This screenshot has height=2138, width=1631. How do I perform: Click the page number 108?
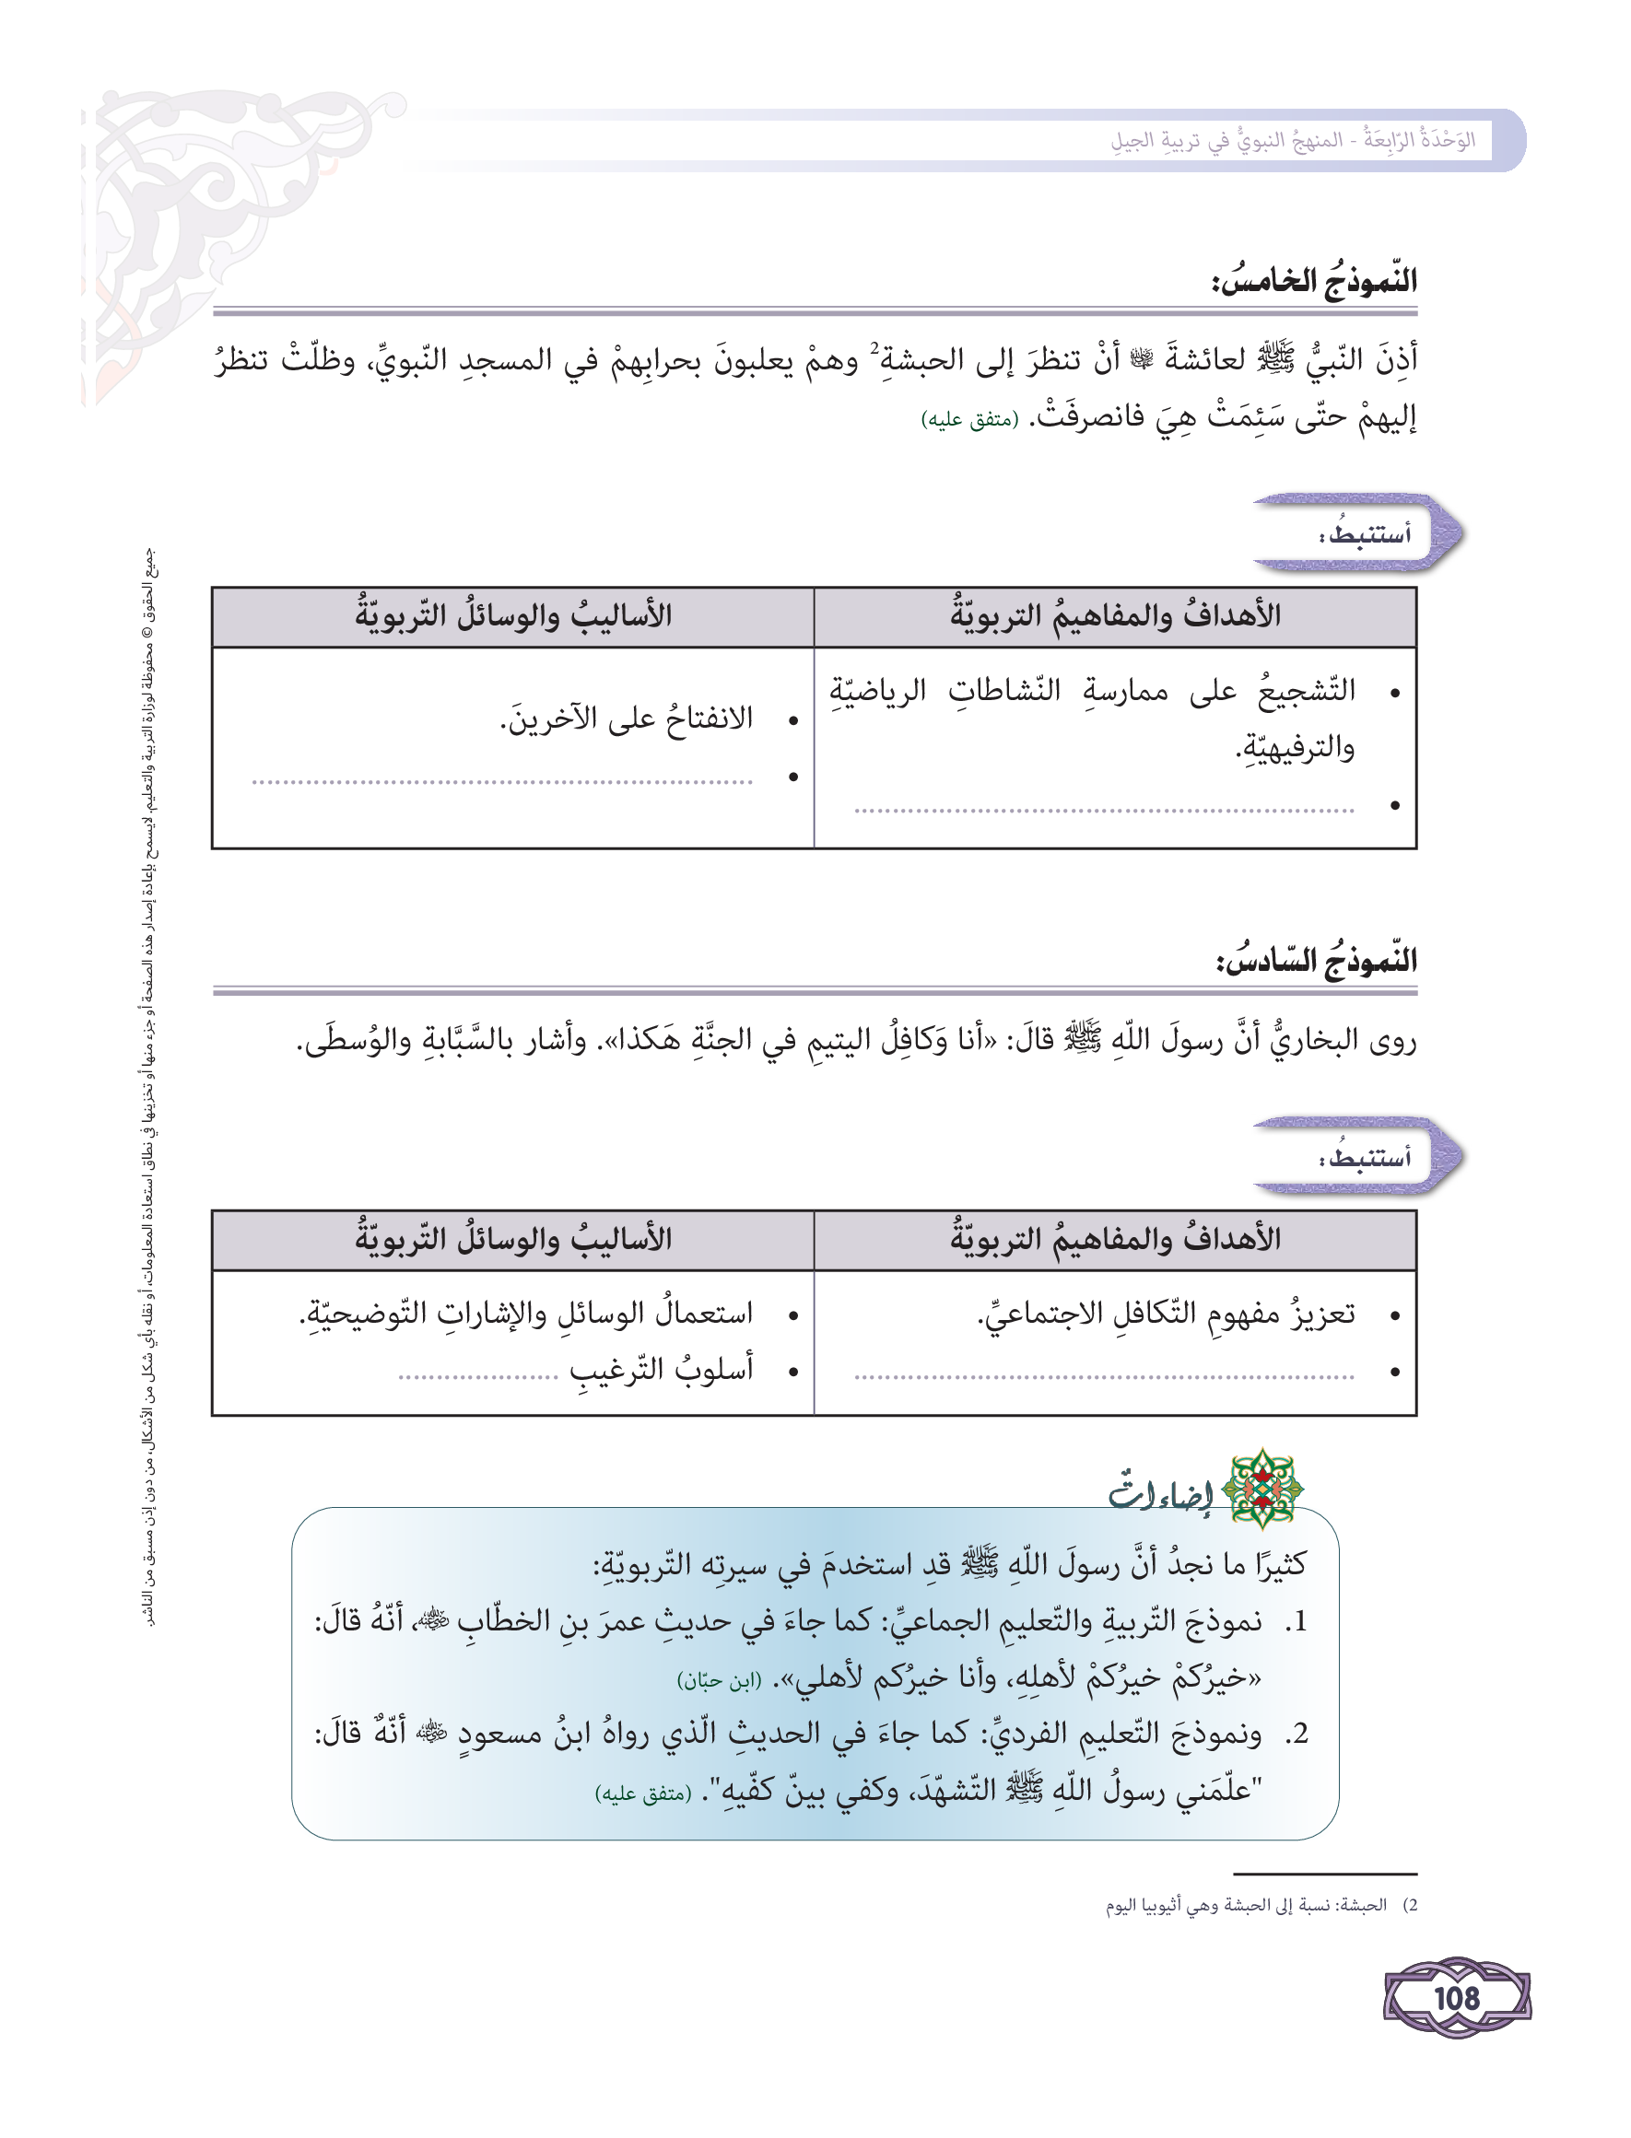coord(1456,1998)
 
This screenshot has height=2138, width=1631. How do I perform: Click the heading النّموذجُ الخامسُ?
coord(1313,282)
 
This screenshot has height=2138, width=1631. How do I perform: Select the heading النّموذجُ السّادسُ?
coord(1316,961)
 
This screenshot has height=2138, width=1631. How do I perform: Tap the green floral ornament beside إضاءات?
coord(1261,1489)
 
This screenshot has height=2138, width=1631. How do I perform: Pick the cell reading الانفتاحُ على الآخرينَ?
coord(627,719)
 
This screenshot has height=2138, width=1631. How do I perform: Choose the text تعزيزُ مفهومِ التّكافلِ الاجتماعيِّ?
coord(1165,1315)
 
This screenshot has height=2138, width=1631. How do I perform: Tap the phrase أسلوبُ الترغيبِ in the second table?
coord(661,1370)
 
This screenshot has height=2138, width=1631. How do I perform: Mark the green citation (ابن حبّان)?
coord(719,1681)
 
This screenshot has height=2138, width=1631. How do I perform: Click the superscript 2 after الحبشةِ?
coord(874,348)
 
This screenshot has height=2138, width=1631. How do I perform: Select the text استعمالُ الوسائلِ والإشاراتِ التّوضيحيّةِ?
coord(525,1315)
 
